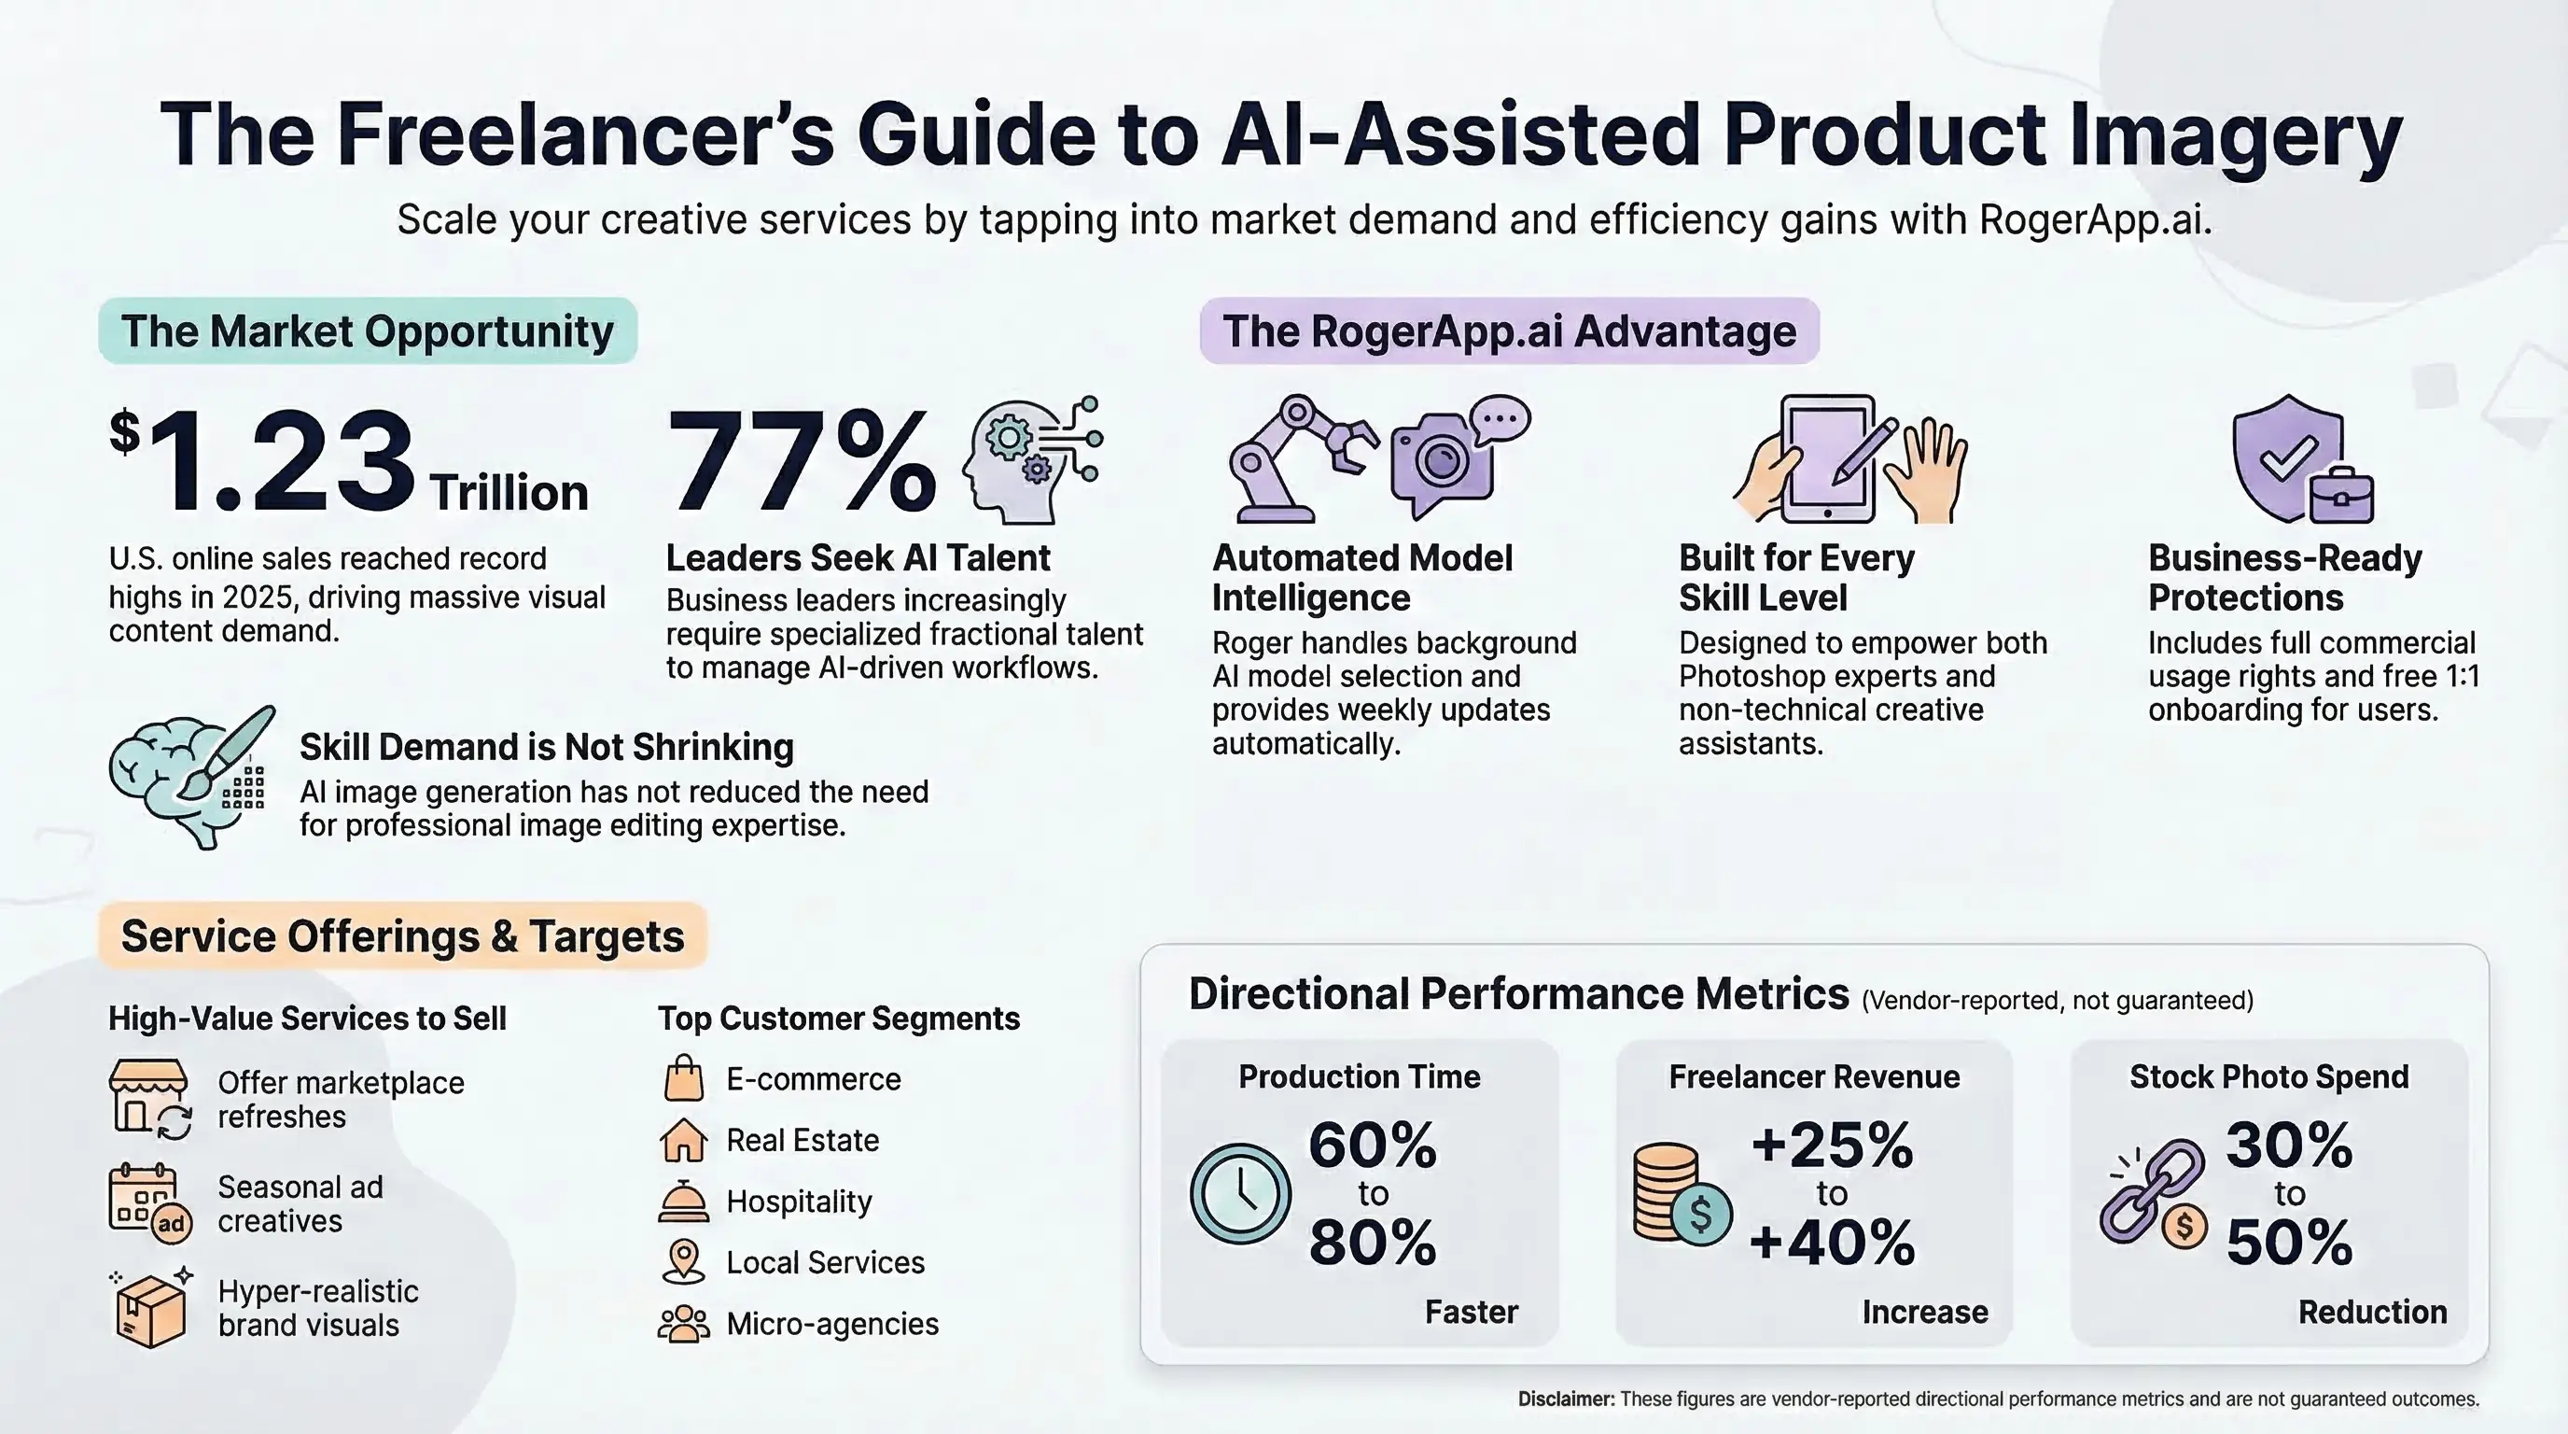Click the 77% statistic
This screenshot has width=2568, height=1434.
tap(801, 460)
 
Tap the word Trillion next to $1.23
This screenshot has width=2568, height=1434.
tap(509, 493)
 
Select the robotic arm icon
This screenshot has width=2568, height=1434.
tap(1297, 458)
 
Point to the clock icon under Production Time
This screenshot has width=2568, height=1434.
tap(1240, 1193)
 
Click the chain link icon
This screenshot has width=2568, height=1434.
tap(2154, 1193)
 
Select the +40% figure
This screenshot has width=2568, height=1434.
tap(1833, 1243)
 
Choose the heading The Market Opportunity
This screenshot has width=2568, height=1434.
tap(367, 331)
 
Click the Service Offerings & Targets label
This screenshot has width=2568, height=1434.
tap(403, 936)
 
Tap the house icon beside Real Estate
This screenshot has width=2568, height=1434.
tap(684, 1140)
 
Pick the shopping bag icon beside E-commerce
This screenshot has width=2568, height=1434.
tap(684, 1079)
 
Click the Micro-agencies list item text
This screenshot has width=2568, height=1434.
tap(832, 1323)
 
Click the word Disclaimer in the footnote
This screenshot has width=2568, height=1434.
tap(1565, 1399)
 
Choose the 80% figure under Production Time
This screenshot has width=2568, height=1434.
tap(1372, 1243)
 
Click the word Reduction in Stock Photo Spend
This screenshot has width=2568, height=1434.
tap(2372, 1312)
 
